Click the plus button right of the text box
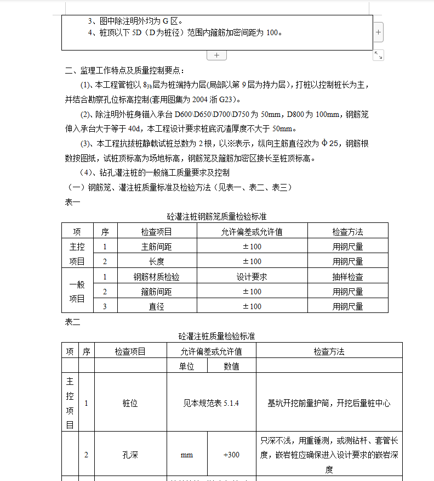tap(379, 32)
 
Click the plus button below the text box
tap(216, 55)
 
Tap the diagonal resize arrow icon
tap(378, 55)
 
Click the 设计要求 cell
tap(252, 277)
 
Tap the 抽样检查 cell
tap(347, 277)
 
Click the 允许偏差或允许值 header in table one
tap(252, 232)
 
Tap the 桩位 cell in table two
tap(130, 404)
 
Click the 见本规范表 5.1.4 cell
tap(211, 404)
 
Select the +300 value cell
tap(231, 455)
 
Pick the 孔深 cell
tap(130, 455)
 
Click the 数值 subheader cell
tap(231, 366)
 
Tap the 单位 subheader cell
tap(186, 366)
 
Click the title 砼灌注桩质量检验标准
tap(216, 335)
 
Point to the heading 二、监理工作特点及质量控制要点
tap(125, 70)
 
